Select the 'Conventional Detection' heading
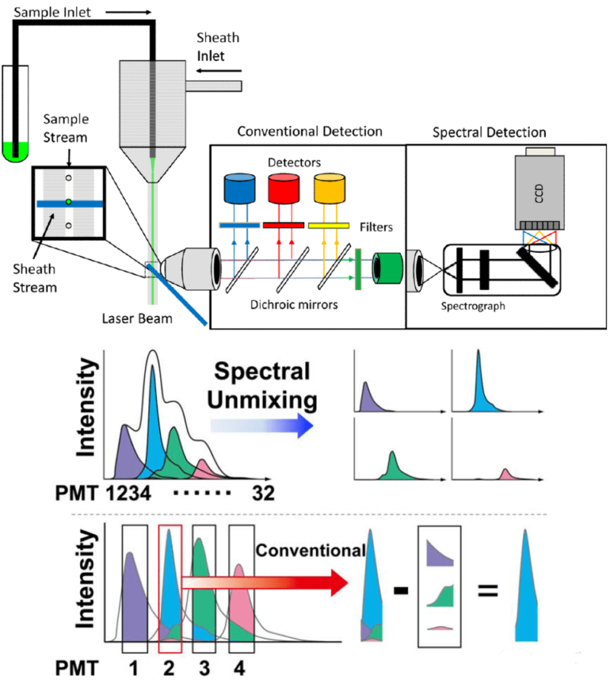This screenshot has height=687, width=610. (x=310, y=132)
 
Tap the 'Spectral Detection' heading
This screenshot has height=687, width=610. (x=489, y=132)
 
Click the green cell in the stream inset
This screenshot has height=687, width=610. (x=68, y=202)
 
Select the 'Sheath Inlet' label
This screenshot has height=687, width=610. (x=217, y=46)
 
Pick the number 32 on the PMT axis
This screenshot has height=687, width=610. (x=264, y=494)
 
